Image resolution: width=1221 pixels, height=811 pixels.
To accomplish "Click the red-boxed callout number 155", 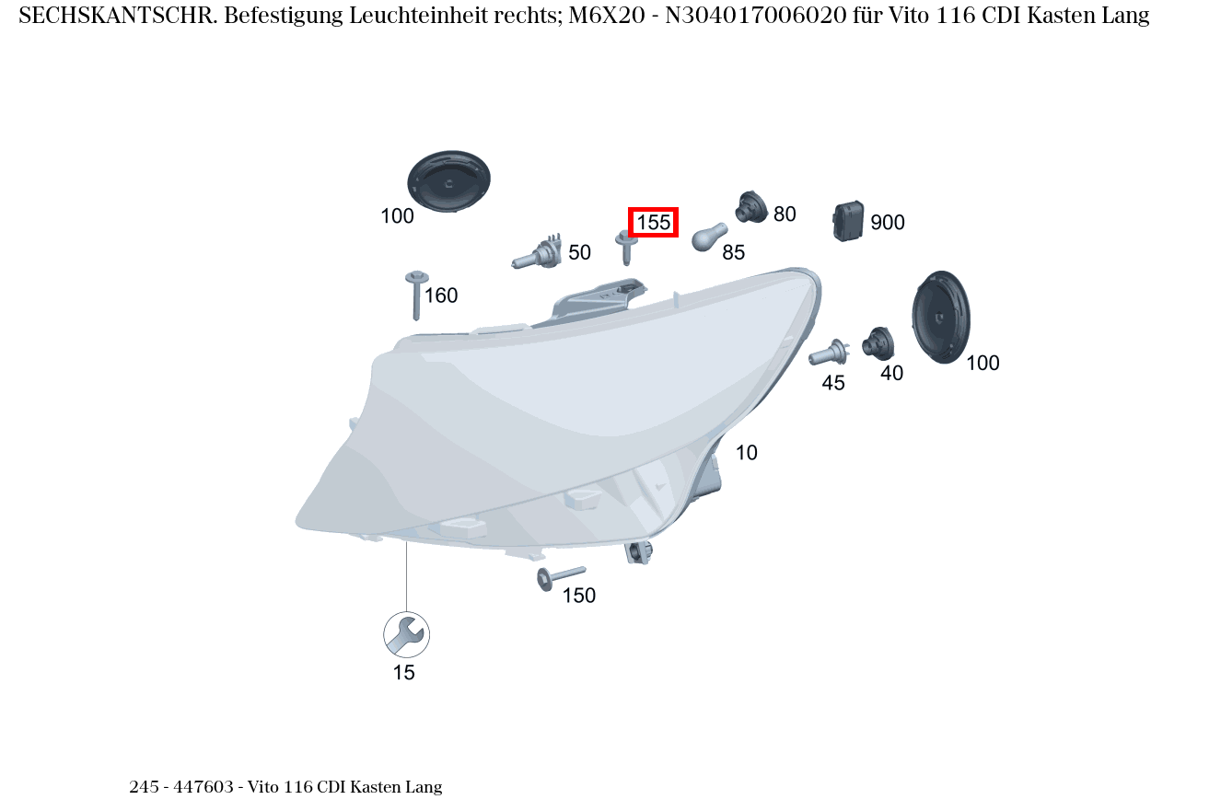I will (x=653, y=222).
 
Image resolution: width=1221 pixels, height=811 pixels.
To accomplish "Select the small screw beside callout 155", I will (x=626, y=247).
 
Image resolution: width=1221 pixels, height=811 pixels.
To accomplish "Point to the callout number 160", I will (x=441, y=295).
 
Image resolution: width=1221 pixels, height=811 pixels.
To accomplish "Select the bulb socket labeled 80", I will (x=750, y=208).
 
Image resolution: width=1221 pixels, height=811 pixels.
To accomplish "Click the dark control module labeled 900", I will (x=848, y=221).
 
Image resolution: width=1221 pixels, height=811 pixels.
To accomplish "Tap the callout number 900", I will (x=888, y=223).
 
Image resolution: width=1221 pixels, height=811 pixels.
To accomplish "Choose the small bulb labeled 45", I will (x=828, y=353).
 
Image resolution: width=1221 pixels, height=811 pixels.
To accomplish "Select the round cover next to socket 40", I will (x=940, y=317).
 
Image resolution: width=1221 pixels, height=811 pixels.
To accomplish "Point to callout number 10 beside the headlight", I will (x=747, y=453).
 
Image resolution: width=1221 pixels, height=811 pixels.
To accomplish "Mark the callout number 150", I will (x=579, y=596).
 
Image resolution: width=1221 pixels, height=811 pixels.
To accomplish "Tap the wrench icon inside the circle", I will (x=406, y=634).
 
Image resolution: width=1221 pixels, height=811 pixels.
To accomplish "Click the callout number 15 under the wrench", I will (x=404, y=673).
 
